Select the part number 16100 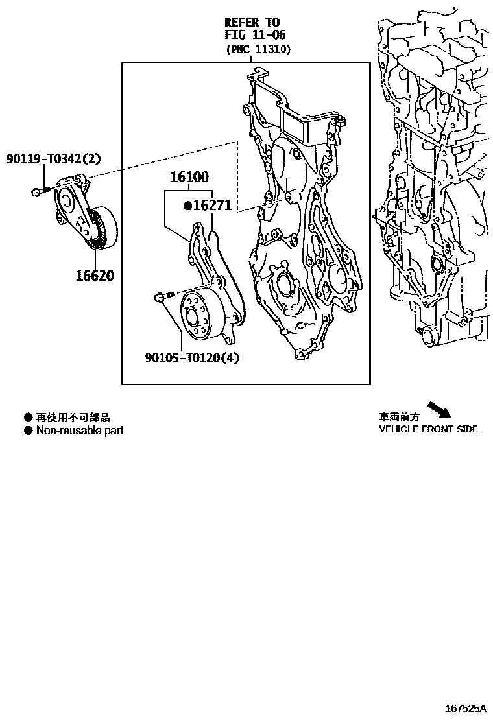click(190, 177)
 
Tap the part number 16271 click(213, 206)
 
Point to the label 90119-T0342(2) click(54, 159)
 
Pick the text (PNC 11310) click(258, 49)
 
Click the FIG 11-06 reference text click(255, 35)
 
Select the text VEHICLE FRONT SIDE click(428, 429)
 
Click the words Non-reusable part click(79, 431)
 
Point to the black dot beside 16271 click(187, 206)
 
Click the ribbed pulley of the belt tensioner click(102, 228)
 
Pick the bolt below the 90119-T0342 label click(39, 191)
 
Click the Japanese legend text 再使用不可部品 click(73, 418)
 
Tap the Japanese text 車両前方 click(400, 418)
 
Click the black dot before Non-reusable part click(28, 431)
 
